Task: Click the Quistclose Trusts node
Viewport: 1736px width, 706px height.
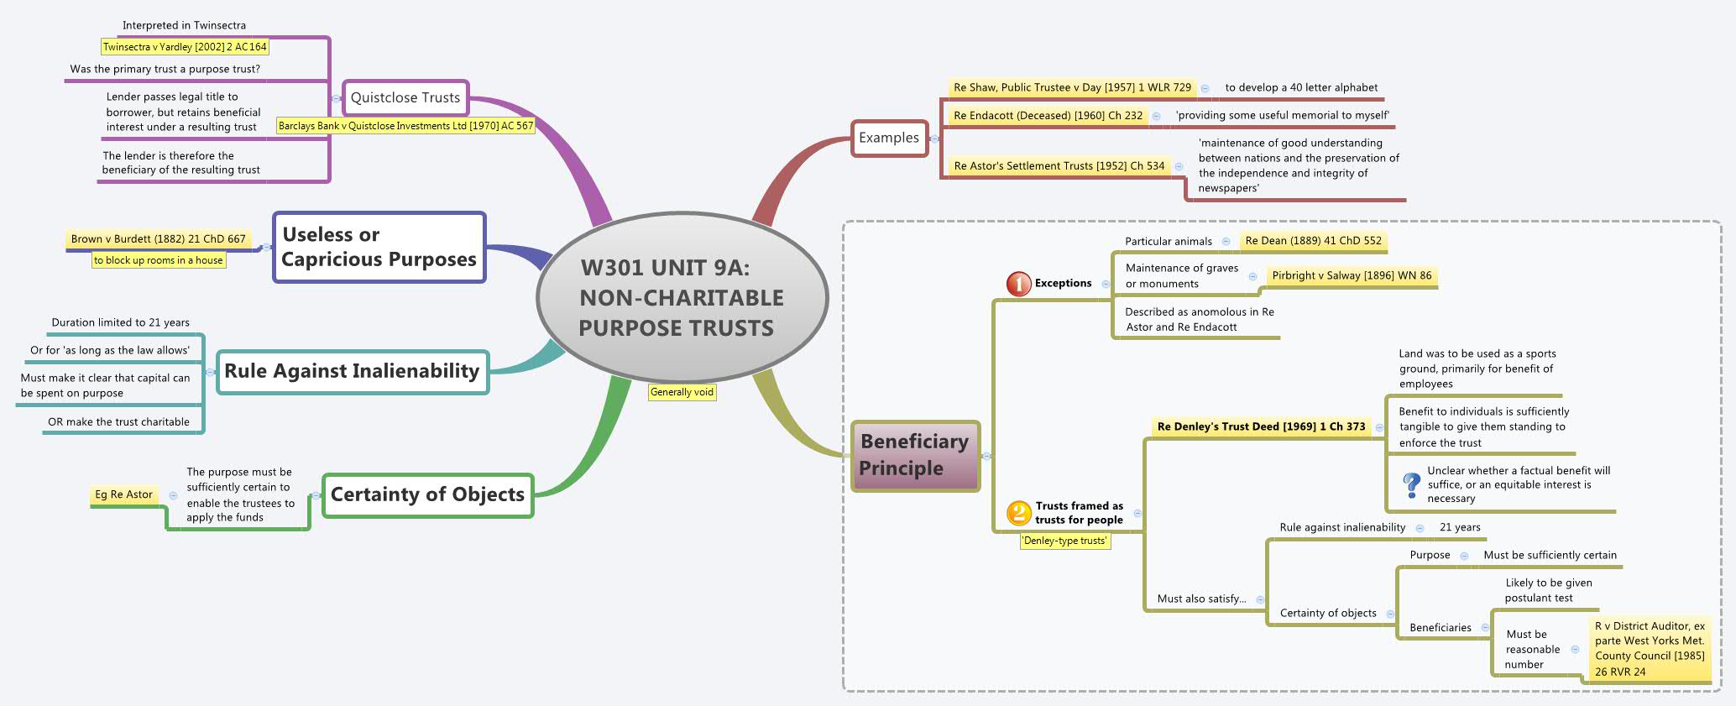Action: (x=405, y=97)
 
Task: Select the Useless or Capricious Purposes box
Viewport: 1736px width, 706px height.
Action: (x=379, y=247)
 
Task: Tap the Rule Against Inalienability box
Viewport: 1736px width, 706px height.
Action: (x=352, y=371)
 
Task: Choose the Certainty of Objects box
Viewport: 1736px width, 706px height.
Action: (x=427, y=494)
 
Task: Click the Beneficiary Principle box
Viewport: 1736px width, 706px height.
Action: (x=914, y=455)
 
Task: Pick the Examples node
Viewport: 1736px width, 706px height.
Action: (x=888, y=138)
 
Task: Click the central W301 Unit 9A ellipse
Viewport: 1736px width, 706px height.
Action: (x=682, y=298)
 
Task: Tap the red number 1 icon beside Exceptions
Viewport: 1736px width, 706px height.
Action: (x=1018, y=284)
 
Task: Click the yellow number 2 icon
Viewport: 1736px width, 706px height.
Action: (x=1018, y=512)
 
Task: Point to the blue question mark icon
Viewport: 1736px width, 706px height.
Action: (x=1411, y=484)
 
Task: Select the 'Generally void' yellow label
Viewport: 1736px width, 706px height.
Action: (x=682, y=392)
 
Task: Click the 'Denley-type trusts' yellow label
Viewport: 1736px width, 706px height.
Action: (x=1064, y=541)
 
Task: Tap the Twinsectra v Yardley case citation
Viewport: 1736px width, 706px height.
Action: (x=185, y=47)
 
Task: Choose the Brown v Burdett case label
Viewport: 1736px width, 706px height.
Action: (x=158, y=239)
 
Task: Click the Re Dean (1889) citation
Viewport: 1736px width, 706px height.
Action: (x=1313, y=241)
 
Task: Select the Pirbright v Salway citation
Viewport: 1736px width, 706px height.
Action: (x=1352, y=275)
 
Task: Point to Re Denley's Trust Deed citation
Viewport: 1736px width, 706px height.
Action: (x=1261, y=426)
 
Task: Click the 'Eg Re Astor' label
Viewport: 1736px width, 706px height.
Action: (x=123, y=494)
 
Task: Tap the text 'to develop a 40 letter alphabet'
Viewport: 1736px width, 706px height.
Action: (x=1301, y=87)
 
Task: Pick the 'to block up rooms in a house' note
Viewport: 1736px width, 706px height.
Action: (x=159, y=260)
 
